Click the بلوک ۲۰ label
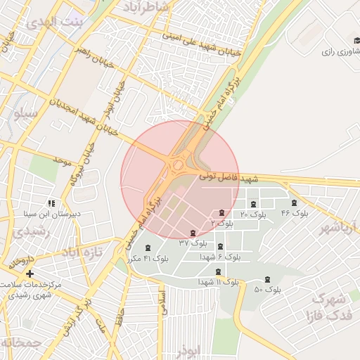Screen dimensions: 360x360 click(x=253, y=214)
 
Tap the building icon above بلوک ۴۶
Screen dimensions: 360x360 click(x=294, y=203)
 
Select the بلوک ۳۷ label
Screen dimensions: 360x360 click(x=193, y=243)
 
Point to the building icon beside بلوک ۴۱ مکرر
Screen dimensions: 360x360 click(x=147, y=247)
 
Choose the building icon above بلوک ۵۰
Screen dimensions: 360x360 click(x=267, y=280)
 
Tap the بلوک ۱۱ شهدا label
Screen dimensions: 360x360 click(x=217, y=282)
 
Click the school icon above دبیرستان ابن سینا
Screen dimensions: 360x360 click(x=51, y=203)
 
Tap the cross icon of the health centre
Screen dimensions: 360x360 click(x=30, y=273)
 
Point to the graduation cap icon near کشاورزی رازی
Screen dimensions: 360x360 click(x=356, y=41)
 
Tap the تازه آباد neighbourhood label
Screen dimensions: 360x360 click(x=82, y=252)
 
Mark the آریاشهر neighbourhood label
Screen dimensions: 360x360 click(x=338, y=227)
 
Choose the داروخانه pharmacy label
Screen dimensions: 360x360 click(x=20, y=262)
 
